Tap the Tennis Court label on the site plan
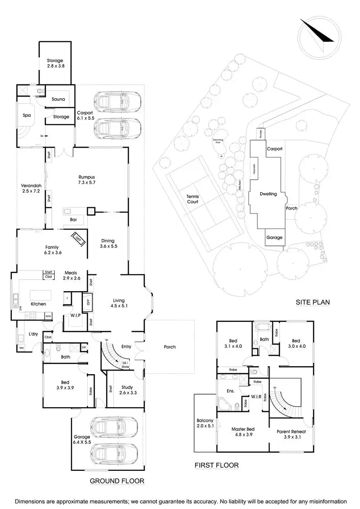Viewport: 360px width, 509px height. (192, 198)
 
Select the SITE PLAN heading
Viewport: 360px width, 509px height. (312, 302)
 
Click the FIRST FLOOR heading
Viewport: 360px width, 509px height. (217, 465)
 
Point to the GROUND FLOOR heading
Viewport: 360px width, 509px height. (117, 481)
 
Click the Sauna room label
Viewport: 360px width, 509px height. (58, 99)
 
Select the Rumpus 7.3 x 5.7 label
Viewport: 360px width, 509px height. (87, 180)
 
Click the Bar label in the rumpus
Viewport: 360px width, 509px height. (74, 220)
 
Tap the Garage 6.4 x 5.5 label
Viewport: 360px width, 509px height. (82, 439)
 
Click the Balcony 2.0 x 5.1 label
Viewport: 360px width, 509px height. (205, 423)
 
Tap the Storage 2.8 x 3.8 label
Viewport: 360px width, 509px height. (55, 64)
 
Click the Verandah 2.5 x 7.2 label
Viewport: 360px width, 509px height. (31, 188)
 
